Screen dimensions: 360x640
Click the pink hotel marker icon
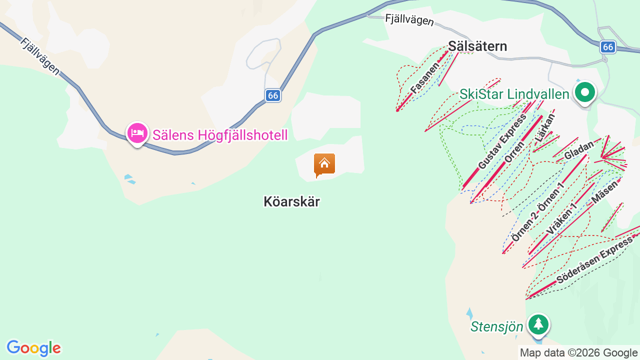(x=137, y=133)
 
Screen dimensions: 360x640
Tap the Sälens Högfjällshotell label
(x=220, y=135)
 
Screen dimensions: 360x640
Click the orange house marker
(x=324, y=164)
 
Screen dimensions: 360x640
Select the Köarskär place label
(x=291, y=201)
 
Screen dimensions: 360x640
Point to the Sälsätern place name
(x=477, y=46)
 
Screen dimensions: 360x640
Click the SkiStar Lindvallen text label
(x=514, y=94)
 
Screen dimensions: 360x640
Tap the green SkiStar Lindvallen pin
(x=584, y=92)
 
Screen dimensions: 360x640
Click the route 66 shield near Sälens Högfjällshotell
(x=272, y=95)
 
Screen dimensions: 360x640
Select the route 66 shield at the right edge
(x=607, y=47)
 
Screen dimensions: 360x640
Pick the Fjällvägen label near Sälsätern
(x=409, y=20)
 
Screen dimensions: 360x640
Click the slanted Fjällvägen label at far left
(x=40, y=56)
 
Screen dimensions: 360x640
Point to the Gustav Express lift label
(x=502, y=141)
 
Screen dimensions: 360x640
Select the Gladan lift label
(x=578, y=150)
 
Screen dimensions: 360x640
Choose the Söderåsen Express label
(x=594, y=261)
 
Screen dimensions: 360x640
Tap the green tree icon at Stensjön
(x=538, y=324)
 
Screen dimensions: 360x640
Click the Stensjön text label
(x=496, y=327)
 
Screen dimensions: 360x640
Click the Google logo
(x=33, y=348)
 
